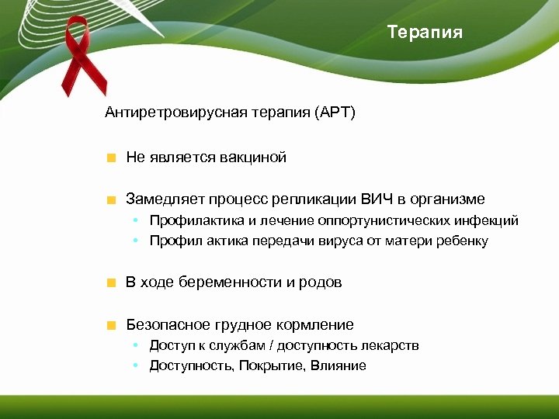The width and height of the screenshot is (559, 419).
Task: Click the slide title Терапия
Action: point(425,33)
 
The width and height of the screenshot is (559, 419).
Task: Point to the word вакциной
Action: point(252,158)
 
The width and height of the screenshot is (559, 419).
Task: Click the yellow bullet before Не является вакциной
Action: point(112,158)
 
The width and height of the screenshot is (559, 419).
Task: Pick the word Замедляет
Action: point(160,199)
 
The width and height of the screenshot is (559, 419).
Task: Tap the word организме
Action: point(452,199)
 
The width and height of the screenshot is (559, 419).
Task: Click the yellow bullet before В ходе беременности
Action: point(112,283)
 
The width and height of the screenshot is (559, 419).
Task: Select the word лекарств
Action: point(392,345)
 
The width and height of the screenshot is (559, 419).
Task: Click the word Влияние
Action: point(339,365)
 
